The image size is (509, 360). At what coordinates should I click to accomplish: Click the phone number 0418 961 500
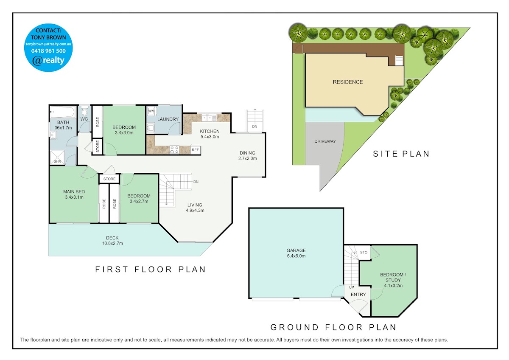(48, 51)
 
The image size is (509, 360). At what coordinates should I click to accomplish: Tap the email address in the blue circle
(48, 44)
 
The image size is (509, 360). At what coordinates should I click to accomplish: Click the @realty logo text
(48, 60)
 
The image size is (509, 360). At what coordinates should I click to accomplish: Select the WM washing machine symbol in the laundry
(151, 111)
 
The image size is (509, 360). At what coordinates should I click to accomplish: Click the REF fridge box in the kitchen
(195, 150)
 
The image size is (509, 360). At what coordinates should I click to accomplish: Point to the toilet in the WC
(84, 110)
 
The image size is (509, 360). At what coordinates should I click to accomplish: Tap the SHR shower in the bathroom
(57, 157)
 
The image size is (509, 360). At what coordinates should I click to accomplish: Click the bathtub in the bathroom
(63, 112)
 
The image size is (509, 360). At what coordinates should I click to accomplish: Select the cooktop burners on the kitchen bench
(174, 150)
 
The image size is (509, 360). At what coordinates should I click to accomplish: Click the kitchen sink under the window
(209, 118)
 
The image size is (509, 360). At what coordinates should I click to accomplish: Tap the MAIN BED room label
(74, 194)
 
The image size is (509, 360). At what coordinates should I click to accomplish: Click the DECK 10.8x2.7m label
(112, 241)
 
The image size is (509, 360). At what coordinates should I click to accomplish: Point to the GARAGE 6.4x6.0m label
(296, 253)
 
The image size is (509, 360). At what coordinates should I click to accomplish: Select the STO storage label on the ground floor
(364, 252)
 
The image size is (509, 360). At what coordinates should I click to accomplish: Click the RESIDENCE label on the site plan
(348, 82)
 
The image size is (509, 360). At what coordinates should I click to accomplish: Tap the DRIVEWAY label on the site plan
(325, 141)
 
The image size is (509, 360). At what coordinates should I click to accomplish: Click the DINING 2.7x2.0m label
(247, 155)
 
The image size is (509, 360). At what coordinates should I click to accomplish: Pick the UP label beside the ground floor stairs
(351, 287)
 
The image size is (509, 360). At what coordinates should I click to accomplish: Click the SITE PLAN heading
(401, 154)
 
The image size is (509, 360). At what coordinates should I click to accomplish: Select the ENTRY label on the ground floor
(358, 295)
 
